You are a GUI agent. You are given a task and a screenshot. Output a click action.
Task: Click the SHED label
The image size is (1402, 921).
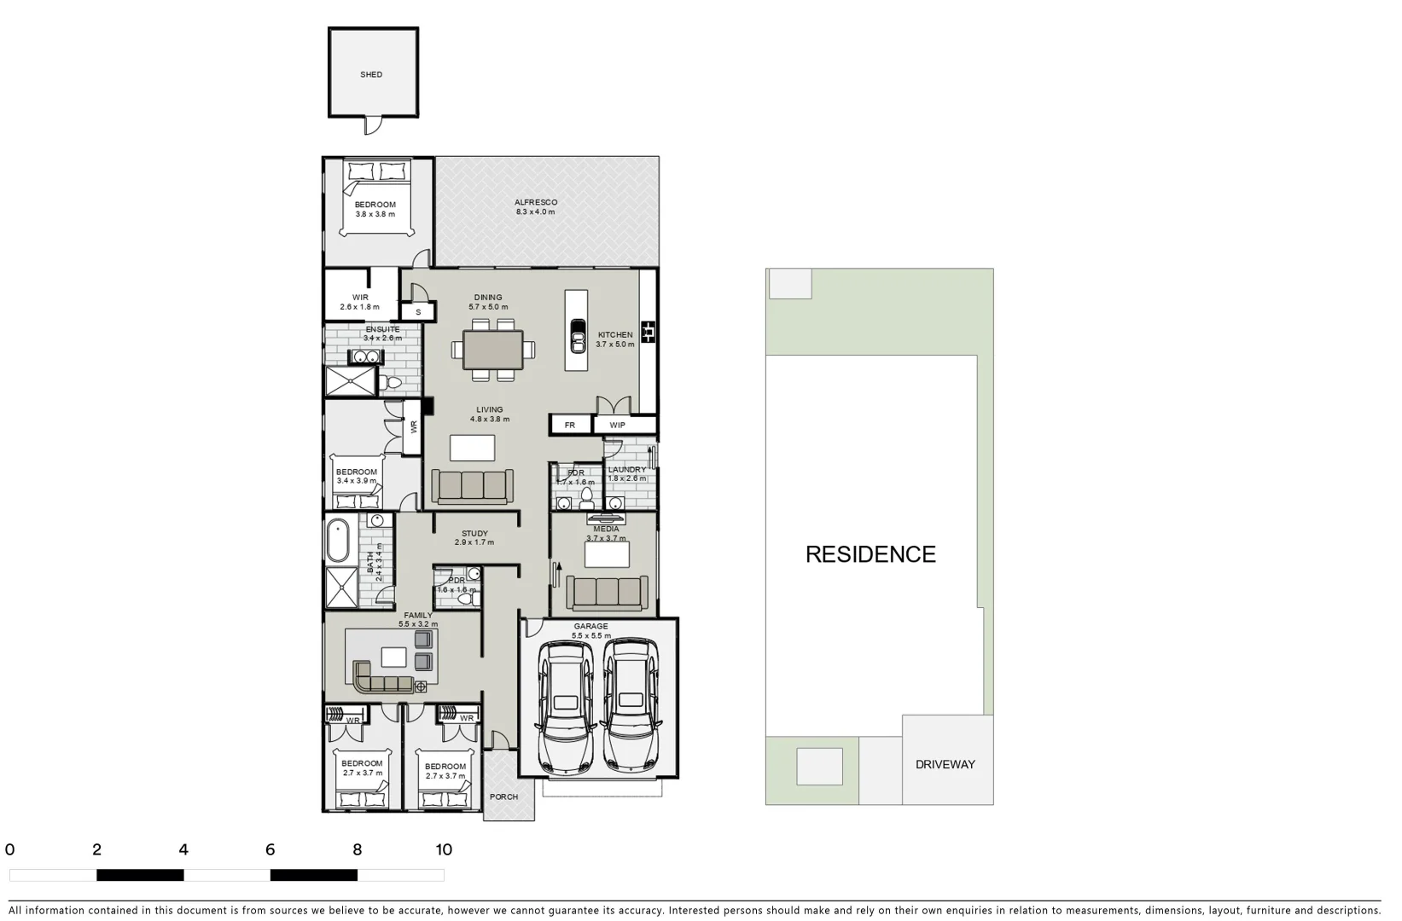point(371,75)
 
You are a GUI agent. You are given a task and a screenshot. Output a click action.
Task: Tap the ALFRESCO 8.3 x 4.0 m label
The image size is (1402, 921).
point(535,207)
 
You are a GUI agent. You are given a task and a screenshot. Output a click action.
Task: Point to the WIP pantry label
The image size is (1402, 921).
point(617,425)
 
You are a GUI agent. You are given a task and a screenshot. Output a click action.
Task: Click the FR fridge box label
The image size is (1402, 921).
point(569,425)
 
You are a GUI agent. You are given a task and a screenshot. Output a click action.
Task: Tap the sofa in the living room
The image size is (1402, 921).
point(473,485)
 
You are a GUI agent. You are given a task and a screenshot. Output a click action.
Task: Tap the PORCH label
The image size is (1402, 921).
point(503,797)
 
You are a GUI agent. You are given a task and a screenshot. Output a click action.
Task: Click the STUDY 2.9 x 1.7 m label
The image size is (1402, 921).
point(474,538)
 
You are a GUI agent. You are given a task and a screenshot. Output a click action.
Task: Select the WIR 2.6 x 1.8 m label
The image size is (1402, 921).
point(359,302)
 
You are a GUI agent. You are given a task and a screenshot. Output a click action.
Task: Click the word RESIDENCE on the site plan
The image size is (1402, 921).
point(870,554)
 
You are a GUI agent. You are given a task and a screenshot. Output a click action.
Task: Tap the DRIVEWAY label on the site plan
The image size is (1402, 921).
point(945,764)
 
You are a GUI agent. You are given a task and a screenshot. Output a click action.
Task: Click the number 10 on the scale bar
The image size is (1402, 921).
point(444,849)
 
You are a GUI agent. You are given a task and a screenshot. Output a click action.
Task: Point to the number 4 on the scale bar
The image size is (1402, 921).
point(183,849)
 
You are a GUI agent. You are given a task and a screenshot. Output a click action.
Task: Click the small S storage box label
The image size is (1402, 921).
point(418,312)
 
